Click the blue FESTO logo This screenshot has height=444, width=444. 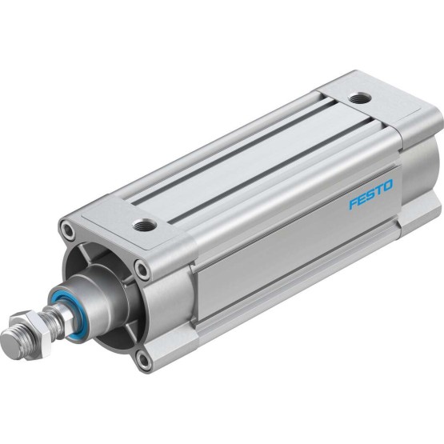pyautogui.click(x=371, y=194)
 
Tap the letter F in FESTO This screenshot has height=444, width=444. pyautogui.click(x=354, y=202)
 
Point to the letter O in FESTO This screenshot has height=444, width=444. pyautogui.click(x=388, y=185)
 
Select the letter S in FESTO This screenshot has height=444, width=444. pyautogui.click(x=371, y=194)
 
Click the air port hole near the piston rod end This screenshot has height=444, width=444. pyautogui.click(x=145, y=225)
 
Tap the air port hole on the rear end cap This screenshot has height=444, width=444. pyautogui.click(x=360, y=99)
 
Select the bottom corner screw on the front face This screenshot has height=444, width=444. pyautogui.click(x=143, y=360)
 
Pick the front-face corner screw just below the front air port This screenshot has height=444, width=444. pyautogui.click(x=142, y=269)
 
